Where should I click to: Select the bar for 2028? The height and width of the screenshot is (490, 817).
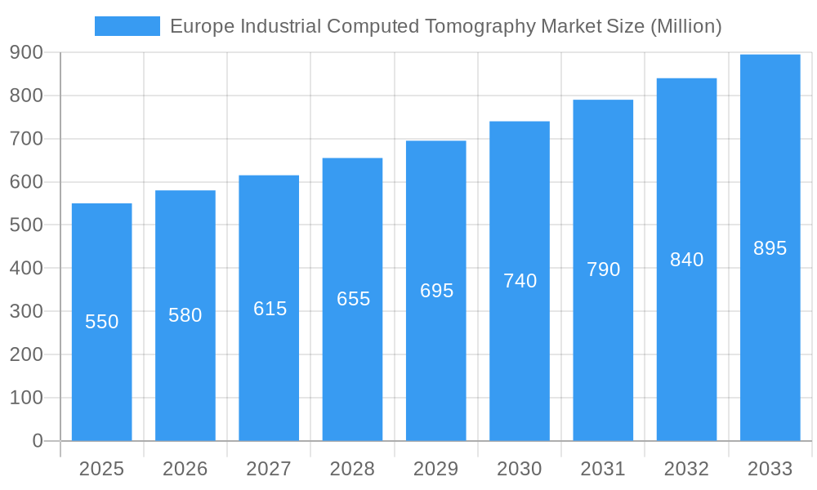click(x=352, y=367)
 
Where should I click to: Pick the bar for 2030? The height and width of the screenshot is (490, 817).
click(x=520, y=367)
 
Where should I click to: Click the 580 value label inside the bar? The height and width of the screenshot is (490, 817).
click(x=185, y=315)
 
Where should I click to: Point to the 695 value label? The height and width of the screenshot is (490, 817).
click(x=436, y=291)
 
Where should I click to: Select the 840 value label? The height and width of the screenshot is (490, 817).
click(x=686, y=260)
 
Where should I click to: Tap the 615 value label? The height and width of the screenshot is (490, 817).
click(x=270, y=309)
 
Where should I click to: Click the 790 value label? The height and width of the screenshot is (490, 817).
click(x=603, y=269)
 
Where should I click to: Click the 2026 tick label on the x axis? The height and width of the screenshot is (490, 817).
click(x=185, y=469)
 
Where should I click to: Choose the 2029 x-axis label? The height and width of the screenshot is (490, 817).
click(x=436, y=469)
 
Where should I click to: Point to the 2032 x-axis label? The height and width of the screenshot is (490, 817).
click(x=686, y=469)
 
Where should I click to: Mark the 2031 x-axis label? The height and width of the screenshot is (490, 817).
click(x=603, y=469)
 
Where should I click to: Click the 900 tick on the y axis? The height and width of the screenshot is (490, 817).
click(x=26, y=52)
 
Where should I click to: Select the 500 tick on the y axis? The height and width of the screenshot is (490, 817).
click(x=26, y=225)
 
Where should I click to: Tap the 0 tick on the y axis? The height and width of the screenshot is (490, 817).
click(x=38, y=441)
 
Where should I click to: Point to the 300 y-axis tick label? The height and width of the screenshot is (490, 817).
click(x=26, y=311)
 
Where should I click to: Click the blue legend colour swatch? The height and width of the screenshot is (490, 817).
click(x=127, y=26)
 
